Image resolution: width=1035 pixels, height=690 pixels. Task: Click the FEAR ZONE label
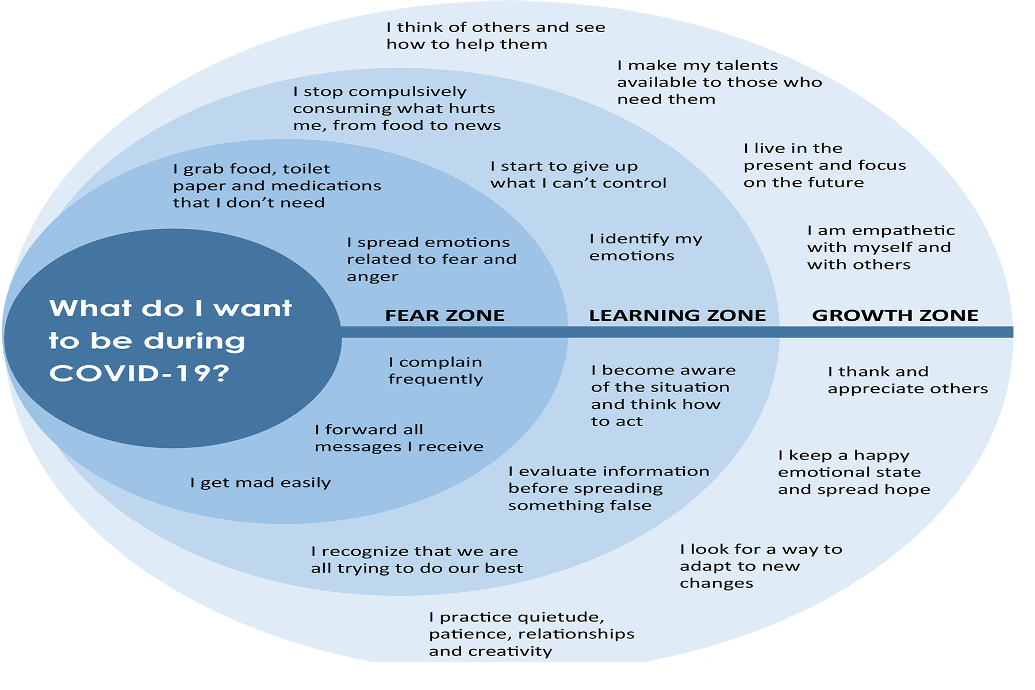point(444,315)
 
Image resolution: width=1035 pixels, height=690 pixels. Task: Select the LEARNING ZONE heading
point(677,315)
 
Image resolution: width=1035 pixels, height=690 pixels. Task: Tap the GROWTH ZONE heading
point(895,315)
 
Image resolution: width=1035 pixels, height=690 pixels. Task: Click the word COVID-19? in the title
point(139,373)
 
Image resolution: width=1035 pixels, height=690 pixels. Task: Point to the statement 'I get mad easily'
point(260,482)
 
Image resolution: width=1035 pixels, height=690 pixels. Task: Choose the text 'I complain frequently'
point(435,370)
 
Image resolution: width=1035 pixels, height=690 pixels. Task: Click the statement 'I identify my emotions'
point(645,247)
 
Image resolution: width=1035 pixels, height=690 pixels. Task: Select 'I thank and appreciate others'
point(907,380)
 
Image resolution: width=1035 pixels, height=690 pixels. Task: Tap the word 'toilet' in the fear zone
point(306,168)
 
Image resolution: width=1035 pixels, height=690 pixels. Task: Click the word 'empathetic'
point(903,231)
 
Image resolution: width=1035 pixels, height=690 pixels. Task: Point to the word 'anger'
point(372,277)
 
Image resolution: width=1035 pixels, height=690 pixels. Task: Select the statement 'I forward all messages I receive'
point(398,438)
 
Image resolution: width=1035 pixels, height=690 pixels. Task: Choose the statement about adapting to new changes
point(760,566)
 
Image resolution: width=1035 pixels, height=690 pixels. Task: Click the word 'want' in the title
point(252,309)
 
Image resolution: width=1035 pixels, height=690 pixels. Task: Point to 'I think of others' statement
point(495,36)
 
